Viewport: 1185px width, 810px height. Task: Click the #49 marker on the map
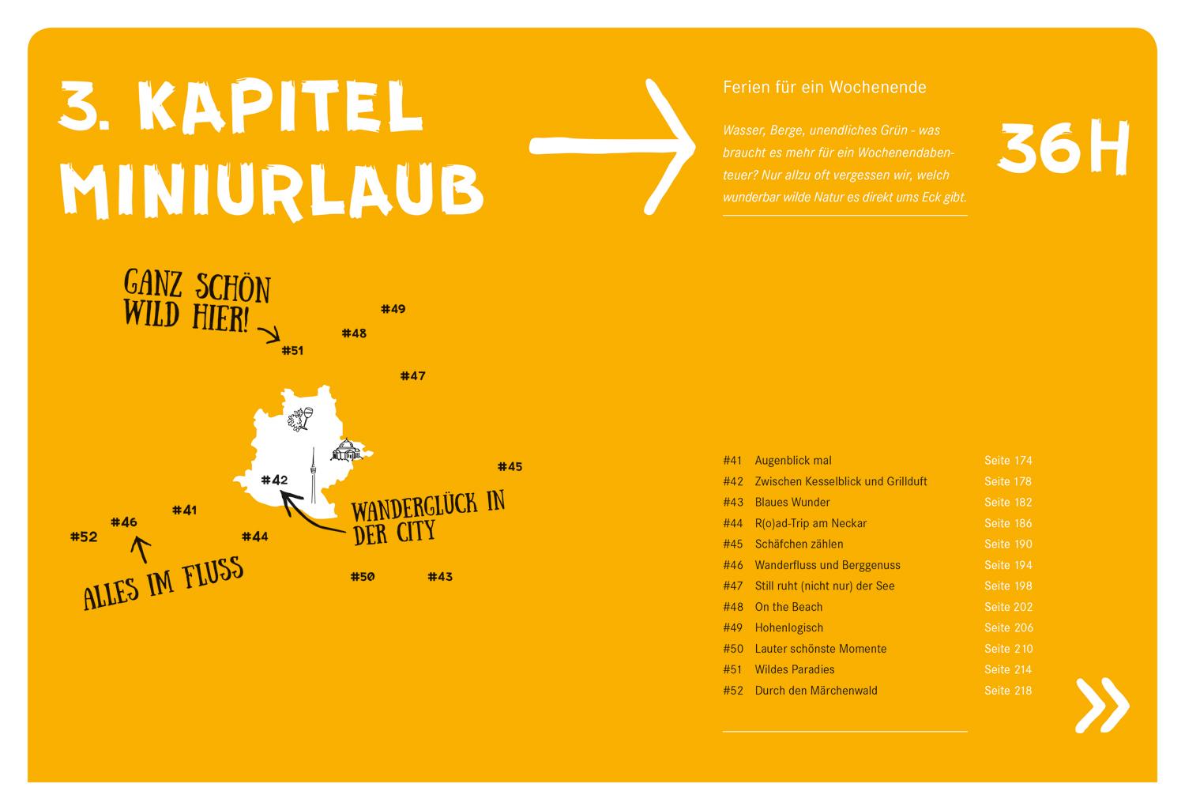(393, 309)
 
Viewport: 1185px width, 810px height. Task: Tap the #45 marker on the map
(510, 467)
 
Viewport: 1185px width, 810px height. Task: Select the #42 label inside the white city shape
(274, 480)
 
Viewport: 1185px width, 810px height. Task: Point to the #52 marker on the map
(83, 537)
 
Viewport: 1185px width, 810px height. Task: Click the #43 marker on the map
(440, 577)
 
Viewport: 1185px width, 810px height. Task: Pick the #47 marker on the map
(412, 376)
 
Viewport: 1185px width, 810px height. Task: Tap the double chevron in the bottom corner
(1102, 704)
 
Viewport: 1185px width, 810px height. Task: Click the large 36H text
(1063, 149)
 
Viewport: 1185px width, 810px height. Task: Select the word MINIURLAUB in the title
(272, 189)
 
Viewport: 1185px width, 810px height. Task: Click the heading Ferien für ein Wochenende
(824, 87)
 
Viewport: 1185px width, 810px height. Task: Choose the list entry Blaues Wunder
(792, 503)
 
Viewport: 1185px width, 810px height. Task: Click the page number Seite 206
(1008, 628)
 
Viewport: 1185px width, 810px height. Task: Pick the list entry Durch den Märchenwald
(816, 691)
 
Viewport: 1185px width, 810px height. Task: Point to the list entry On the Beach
(788, 607)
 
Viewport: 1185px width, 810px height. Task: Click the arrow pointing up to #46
(141, 549)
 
